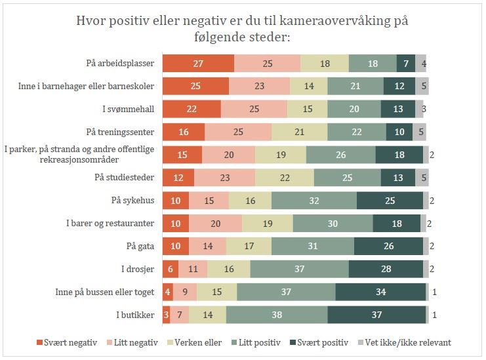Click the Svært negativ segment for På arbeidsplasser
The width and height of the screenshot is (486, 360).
[198, 63]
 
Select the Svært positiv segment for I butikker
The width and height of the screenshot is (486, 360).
[377, 315]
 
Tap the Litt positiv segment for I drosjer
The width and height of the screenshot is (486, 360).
[299, 269]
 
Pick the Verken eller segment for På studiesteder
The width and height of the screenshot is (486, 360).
[284, 178]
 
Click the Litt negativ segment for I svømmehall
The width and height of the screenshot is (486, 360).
[254, 109]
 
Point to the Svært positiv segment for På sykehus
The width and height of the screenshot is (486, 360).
[390, 201]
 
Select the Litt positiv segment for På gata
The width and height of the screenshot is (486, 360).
[312, 246]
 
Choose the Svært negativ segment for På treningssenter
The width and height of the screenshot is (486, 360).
[184, 132]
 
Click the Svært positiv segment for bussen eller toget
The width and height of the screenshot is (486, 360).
[381, 292]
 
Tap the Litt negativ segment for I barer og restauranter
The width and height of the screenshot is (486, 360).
[215, 224]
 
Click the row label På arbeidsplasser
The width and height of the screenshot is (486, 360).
[120, 63]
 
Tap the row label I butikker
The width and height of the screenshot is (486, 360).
[135, 315]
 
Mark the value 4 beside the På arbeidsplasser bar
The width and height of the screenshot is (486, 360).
[424, 64]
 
